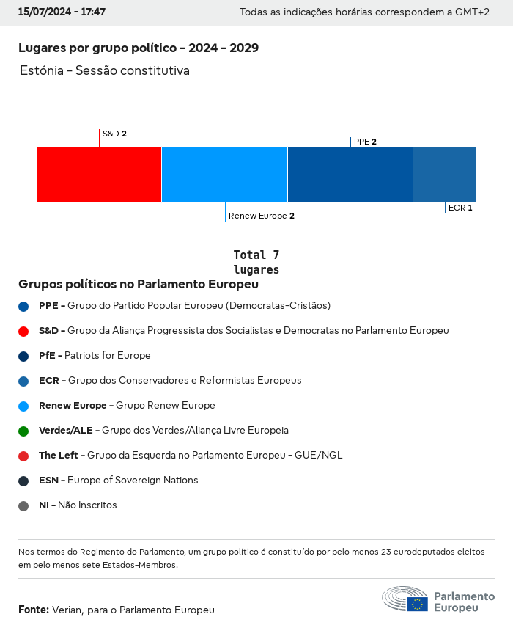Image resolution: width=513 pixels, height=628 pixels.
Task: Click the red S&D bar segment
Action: pos(99,175)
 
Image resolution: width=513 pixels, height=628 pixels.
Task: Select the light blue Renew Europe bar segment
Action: pos(224,175)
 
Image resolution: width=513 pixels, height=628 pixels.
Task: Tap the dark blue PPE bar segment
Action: pos(350,175)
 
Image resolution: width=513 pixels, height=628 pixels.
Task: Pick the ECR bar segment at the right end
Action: pos(445,175)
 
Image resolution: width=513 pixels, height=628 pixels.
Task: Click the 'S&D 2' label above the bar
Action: pos(114,134)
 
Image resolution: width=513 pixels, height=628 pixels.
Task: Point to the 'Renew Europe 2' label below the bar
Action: pos(262,216)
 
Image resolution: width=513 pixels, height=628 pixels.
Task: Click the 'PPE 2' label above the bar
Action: pos(365,142)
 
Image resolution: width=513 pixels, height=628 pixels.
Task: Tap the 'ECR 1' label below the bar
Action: pos(460,208)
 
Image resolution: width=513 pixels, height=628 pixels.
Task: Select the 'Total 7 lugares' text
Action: pos(256,262)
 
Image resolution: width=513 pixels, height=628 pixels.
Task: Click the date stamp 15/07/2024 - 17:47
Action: pos(62,12)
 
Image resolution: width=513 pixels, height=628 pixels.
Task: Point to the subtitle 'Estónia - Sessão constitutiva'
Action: pos(105,71)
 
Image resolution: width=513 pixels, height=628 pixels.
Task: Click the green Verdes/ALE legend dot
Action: pos(23,431)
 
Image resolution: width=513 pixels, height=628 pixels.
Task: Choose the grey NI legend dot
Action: pos(23,505)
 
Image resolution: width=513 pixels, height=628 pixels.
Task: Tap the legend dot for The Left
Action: pos(23,456)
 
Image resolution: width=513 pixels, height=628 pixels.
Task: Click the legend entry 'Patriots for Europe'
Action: pos(95,356)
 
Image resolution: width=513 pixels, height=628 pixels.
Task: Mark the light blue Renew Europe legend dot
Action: pos(23,406)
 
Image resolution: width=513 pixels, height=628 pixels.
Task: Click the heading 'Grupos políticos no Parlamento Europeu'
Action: pos(139,284)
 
